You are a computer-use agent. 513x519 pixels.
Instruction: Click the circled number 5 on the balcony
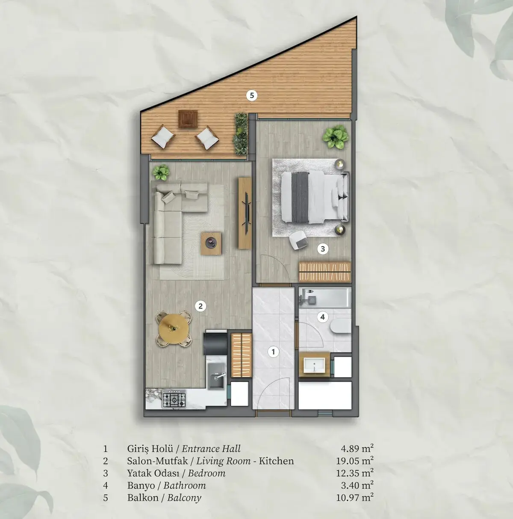[x=252, y=95]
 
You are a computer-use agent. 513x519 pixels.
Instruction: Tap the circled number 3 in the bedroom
[x=323, y=249]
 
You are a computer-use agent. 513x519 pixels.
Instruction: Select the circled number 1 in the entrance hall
[x=274, y=352]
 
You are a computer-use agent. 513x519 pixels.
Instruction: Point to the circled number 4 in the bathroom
[x=322, y=317]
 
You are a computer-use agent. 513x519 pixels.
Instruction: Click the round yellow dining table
[x=174, y=329]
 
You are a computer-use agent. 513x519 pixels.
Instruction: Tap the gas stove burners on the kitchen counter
[x=174, y=398]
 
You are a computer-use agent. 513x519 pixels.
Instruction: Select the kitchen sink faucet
[x=220, y=375]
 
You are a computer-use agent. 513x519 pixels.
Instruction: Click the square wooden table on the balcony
[x=189, y=119]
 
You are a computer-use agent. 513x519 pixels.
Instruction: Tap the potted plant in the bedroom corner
[x=335, y=137]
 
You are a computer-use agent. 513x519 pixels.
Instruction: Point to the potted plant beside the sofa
[x=161, y=172]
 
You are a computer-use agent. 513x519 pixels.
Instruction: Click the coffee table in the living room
[x=211, y=243]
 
